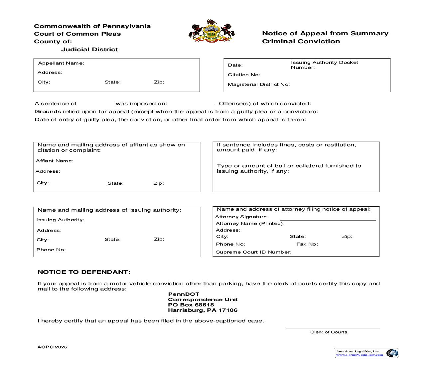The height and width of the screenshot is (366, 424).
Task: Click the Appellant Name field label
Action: (x=61, y=63)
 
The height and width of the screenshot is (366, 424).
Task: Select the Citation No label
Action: (x=244, y=75)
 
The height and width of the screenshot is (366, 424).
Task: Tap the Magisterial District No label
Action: (x=258, y=85)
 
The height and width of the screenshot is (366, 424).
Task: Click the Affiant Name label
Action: (x=55, y=161)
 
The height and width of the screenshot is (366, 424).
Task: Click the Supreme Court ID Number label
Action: (x=253, y=252)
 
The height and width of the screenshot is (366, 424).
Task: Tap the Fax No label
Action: (x=307, y=244)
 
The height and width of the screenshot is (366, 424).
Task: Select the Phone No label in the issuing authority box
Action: (x=51, y=250)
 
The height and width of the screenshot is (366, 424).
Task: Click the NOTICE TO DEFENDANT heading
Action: (x=84, y=272)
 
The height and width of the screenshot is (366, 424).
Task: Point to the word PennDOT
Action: (x=184, y=294)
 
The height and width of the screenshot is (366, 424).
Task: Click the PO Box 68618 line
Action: (x=191, y=305)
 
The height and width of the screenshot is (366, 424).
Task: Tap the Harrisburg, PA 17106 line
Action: (x=203, y=310)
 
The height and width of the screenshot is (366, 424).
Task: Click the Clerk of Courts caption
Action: (x=329, y=332)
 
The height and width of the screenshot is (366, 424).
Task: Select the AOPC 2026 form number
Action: (x=52, y=347)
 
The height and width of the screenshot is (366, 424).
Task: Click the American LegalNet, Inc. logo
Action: (x=366, y=353)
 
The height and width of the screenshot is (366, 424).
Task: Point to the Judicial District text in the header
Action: (x=89, y=50)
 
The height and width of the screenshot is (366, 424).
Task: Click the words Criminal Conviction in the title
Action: (x=301, y=42)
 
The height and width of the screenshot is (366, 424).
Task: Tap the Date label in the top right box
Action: (x=235, y=65)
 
